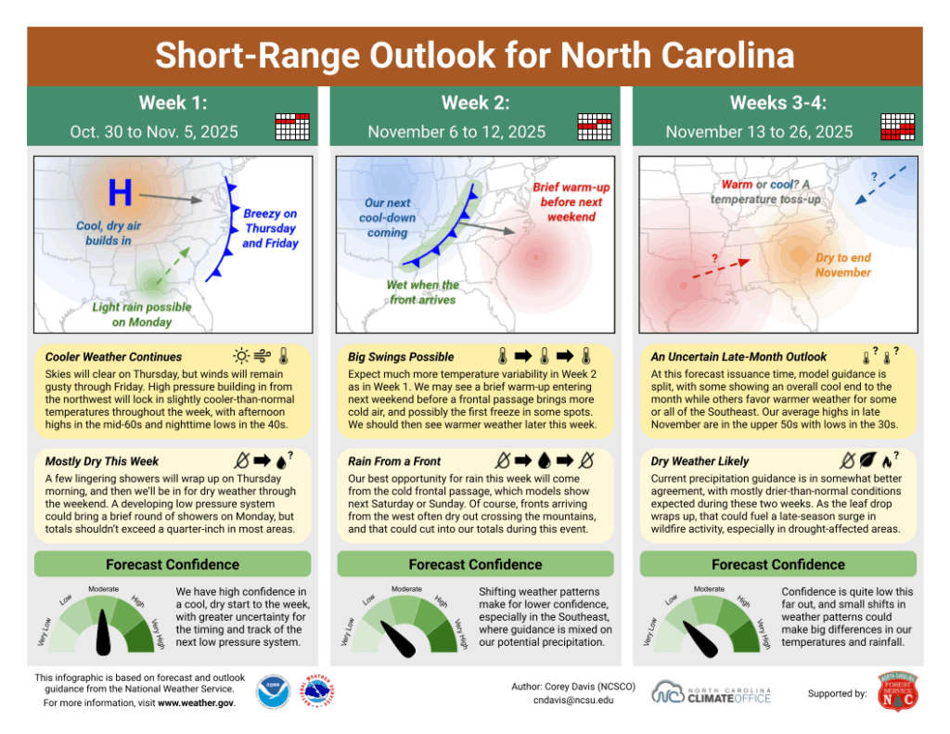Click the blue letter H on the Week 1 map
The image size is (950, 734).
tap(120, 193)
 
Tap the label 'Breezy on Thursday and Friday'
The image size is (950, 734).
tap(270, 228)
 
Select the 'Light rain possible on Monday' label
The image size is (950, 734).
tap(142, 315)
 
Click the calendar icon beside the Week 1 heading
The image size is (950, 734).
tap(292, 126)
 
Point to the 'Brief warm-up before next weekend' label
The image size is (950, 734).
tap(567, 201)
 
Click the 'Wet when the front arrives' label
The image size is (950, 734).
tap(422, 292)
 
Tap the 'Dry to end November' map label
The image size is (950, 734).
tap(843, 265)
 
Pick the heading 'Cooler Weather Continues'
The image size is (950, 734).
tap(114, 356)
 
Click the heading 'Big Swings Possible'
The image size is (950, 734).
tap(401, 356)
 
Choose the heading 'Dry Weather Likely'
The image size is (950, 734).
tap(700, 460)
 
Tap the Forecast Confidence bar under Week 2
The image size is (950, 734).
tap(475, 564)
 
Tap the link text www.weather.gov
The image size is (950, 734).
tap(195, 703)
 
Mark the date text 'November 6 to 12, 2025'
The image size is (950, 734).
tap(456, 132)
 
